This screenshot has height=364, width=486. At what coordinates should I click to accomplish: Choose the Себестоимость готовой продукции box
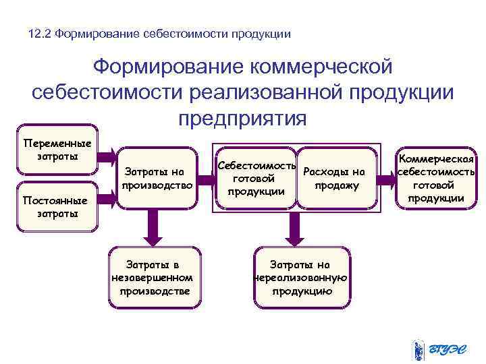255,178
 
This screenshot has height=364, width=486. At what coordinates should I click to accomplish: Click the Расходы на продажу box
335,178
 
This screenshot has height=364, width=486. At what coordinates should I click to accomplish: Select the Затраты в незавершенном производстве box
155,277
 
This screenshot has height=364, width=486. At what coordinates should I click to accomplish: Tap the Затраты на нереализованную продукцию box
300,277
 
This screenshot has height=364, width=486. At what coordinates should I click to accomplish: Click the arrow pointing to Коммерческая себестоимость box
386,179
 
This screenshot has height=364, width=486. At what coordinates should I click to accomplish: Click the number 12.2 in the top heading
40,33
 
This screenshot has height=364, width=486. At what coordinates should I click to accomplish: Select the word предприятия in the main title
242,119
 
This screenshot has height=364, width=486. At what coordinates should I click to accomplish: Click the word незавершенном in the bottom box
155,278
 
